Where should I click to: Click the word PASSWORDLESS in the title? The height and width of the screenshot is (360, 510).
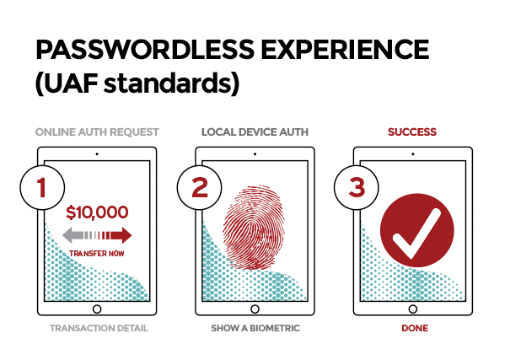point(145,50)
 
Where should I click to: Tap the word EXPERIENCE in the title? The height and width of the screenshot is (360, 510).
point(345,50)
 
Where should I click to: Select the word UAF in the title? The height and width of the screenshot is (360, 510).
point(67,83)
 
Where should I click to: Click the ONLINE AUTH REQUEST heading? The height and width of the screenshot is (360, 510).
point(97,132)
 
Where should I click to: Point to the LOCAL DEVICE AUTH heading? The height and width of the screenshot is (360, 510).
point(255,132)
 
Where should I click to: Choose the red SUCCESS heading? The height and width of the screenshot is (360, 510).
point(412,132)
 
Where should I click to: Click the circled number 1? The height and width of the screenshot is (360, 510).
point(42,188)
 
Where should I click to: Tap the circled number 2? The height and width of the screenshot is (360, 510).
point(200,188)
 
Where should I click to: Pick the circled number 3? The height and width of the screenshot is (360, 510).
point(357,188)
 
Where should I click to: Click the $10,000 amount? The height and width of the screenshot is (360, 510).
point(97,212)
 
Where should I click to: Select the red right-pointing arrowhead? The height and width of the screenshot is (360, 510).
point(124,235)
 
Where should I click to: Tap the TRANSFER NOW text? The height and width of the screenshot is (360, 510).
point(97,253)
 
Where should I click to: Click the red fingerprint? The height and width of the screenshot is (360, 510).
point(254,228)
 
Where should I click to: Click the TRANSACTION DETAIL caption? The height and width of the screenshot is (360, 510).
point(99,328)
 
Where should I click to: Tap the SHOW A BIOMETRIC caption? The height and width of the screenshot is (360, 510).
point(255,328)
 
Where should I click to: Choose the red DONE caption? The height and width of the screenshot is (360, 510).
point(415,328)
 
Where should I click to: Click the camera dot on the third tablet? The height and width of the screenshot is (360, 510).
point(413,154)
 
